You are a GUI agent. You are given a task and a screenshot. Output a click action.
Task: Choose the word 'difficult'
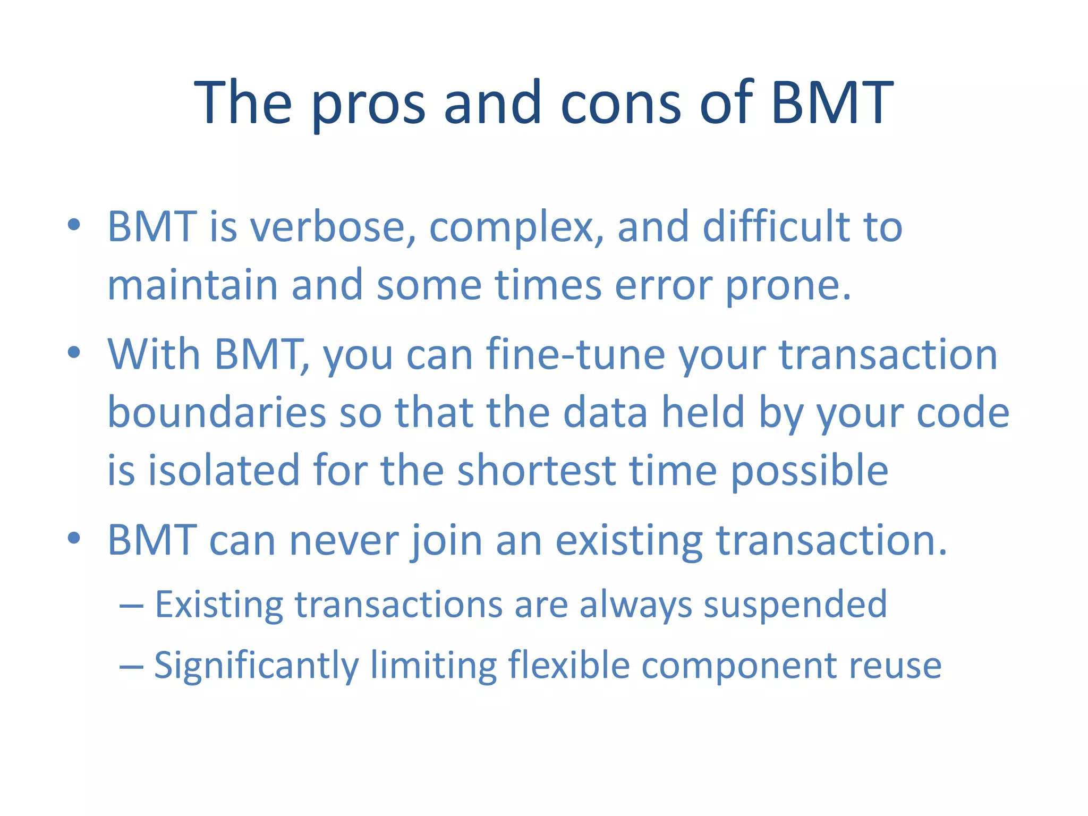tap(776, 227)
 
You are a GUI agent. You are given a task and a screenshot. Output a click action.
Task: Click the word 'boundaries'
tap(217, 413)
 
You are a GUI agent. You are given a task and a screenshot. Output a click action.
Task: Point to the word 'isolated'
tap(223, 471)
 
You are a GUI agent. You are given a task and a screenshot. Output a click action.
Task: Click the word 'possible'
tap(810, 472)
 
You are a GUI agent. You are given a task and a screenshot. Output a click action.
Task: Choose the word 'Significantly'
tap(257, 666)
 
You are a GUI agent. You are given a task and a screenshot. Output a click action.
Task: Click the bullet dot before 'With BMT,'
tap(74, 352)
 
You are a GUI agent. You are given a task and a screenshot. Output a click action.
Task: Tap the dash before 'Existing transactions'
tap(131, 606)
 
